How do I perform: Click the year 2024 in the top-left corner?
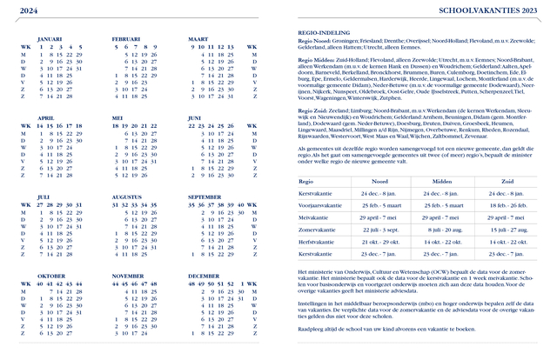point(29,10)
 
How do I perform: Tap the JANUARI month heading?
point(50,39)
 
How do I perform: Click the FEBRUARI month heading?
point(126,39)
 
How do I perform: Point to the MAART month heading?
point(198,39)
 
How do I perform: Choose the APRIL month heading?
point(45,117)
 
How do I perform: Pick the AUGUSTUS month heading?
point(127,197)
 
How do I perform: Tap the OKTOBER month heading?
point(51,275)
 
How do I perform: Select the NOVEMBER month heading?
point(129,275)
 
